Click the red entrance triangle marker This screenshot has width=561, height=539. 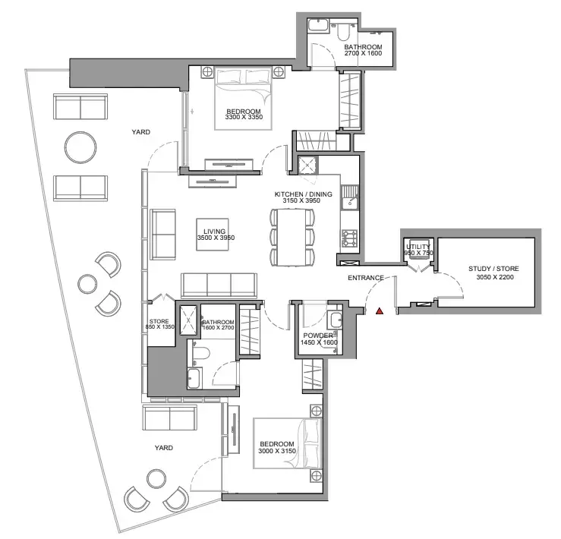[x=380, y=311]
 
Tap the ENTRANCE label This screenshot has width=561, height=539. [x=366, y=278]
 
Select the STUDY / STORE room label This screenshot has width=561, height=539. [x=493, y=269]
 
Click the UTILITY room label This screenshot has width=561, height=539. [x=418, y=247]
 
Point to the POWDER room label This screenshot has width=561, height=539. [x=318, y=336]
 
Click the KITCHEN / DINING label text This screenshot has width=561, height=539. [x=303, y=194]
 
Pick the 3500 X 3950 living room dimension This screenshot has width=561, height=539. [x=216, y=238]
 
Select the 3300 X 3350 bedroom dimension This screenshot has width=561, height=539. [x=244, y=117]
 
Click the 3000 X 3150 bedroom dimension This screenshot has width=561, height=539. [x=277, y=451]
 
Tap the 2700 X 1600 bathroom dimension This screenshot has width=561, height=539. [x=363, y=53]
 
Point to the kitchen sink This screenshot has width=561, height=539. [x=349, y=197]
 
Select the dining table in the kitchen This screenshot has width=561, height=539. [x=292, y=238]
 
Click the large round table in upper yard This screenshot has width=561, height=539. [x=80, y=147]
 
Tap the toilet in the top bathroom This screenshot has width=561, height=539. [x=342, y=32]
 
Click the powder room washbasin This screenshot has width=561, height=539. [x=336, y=320]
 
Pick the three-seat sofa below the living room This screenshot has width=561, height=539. [x=219, y=285]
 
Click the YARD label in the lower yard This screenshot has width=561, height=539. [x=164, y=448]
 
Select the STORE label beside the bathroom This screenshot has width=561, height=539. [x=159, y=321]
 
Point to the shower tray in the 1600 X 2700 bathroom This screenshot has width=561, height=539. [x=188, y=320]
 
